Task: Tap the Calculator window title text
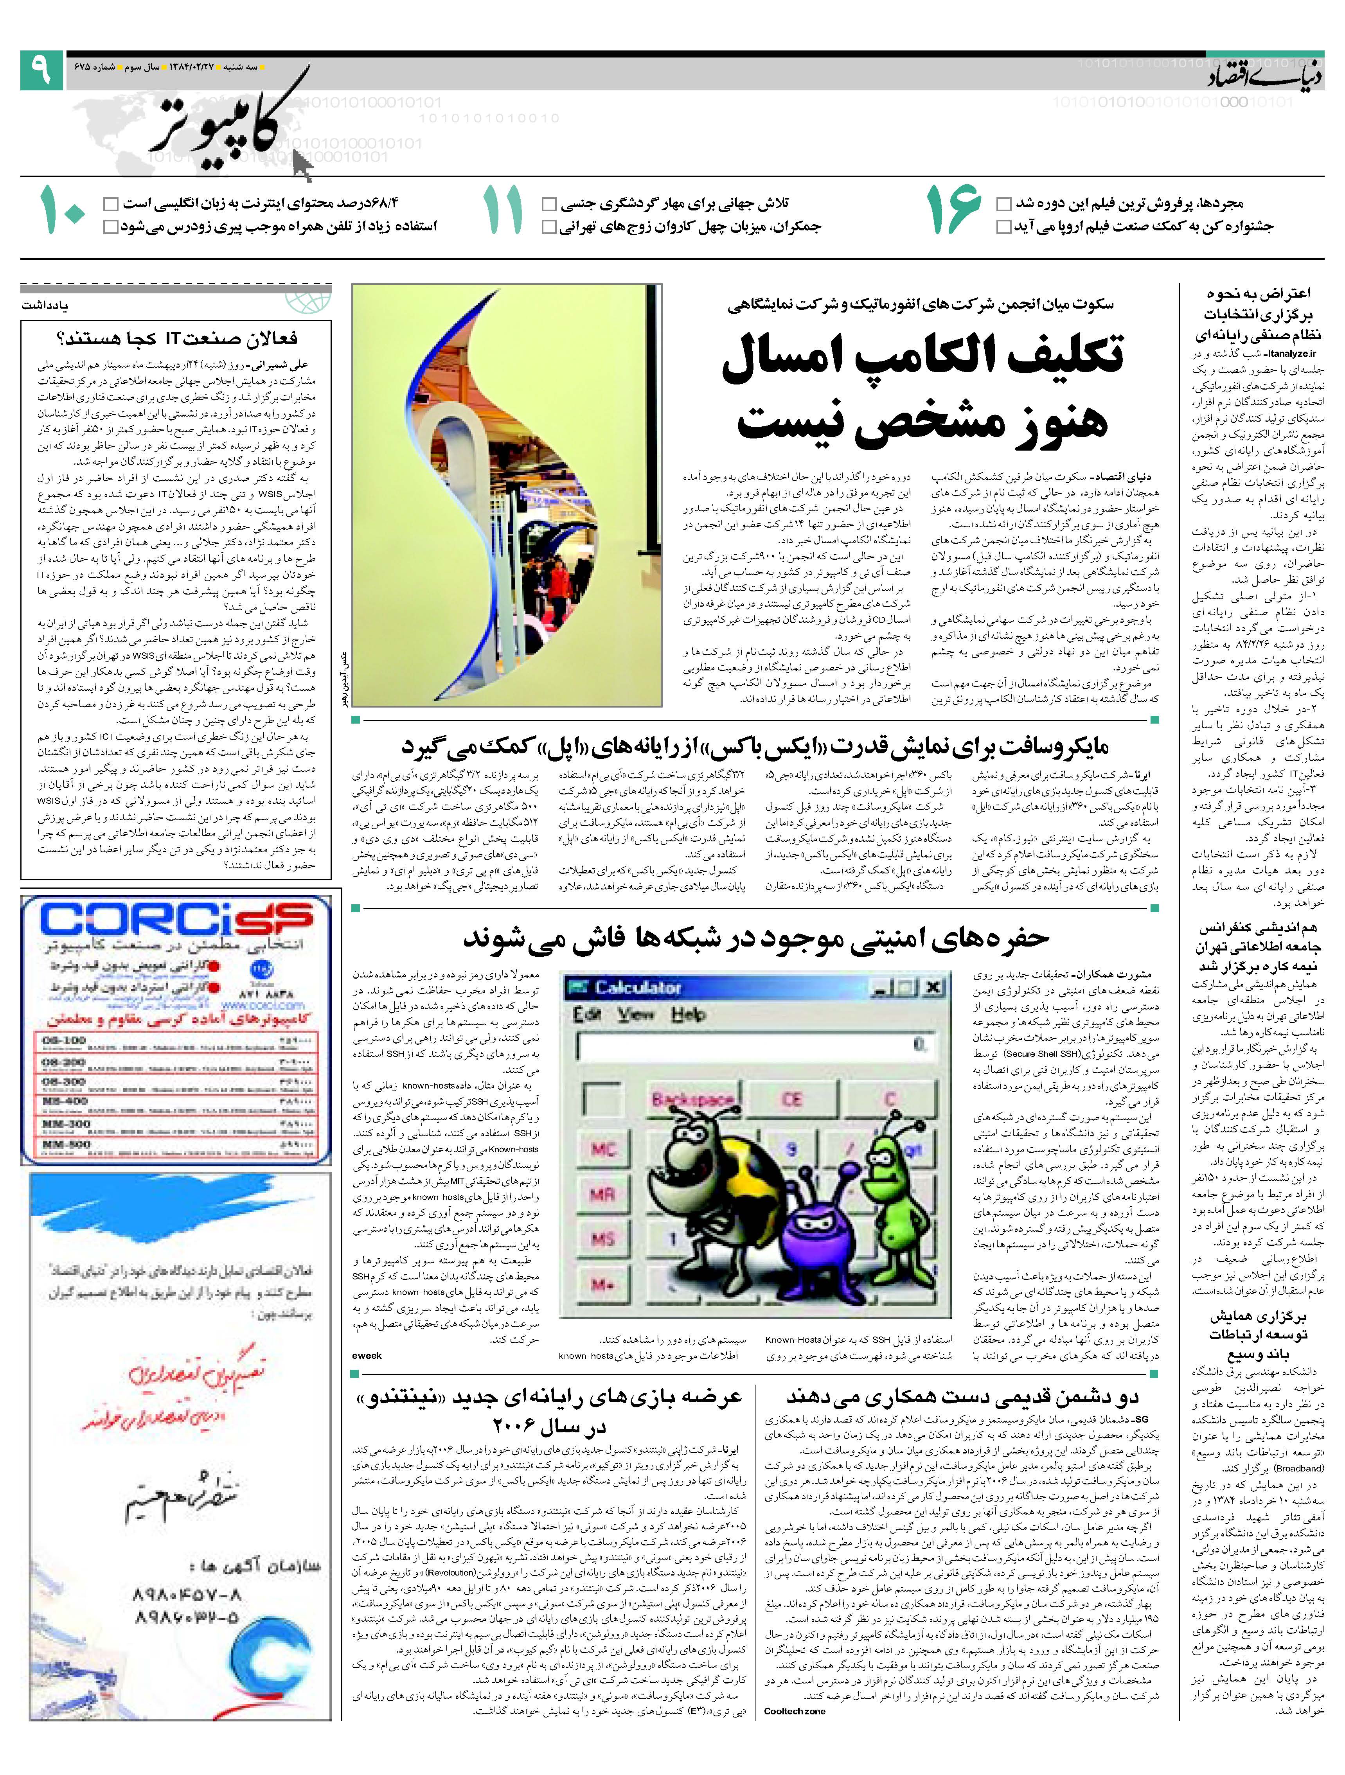[638, 988]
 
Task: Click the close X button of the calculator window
[933, 987]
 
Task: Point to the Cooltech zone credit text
[795, 1711]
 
